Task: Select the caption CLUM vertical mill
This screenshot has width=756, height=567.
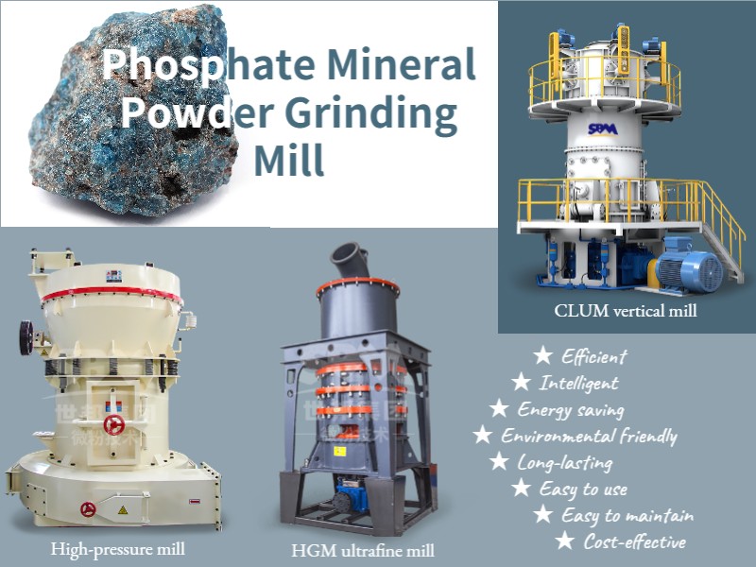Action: [626, 310]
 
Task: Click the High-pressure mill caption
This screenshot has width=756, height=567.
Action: [118, 547]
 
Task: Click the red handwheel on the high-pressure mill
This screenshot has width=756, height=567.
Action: [114, 423]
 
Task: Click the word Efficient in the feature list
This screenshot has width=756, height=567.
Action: [593, 357]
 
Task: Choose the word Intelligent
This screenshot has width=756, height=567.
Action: [578, 384]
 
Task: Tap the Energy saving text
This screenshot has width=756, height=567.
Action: [570, 410]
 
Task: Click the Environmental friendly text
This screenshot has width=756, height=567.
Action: [589, 437]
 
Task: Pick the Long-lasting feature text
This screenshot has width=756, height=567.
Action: [564, 463]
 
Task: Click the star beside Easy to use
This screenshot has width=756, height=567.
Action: [520, 489]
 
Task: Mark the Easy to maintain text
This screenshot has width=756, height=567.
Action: [627, 515]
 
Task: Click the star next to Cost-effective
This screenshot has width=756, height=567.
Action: [564, 541]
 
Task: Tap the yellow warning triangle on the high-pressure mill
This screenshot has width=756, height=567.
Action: [121, 509]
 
